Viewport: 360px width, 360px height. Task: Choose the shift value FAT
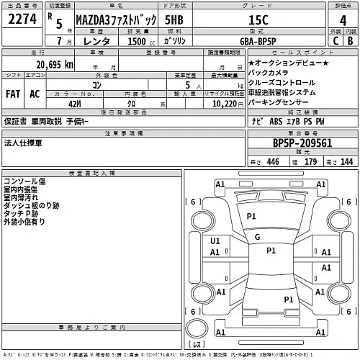pos(14,94)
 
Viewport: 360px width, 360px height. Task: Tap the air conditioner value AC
pos(35,94)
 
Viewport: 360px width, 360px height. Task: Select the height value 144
pos(347,162)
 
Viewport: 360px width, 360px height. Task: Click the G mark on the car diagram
pos(257,236)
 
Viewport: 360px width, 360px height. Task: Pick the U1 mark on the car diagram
pos(215,242)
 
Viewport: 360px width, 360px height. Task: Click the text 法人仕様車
pos(23,143)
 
